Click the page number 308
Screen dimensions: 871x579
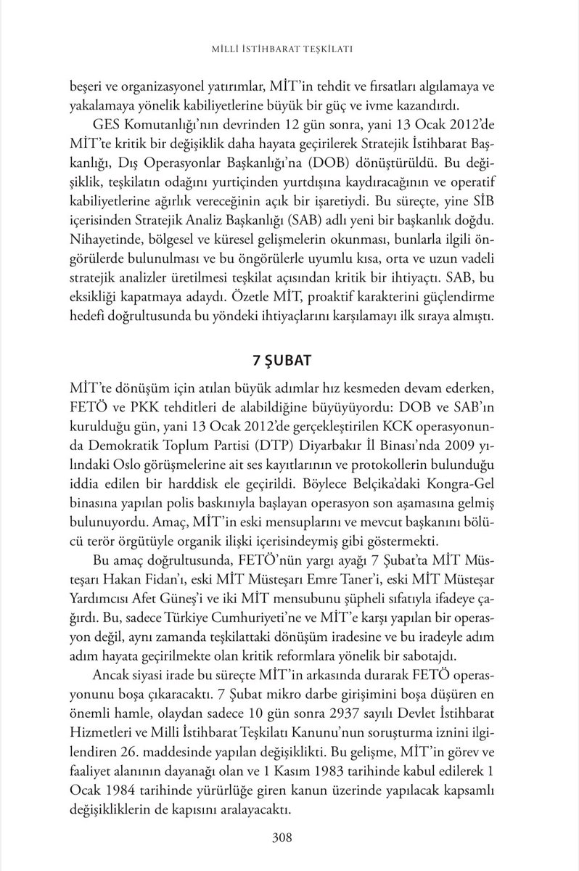pyautogui.click(x=282, y=839)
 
